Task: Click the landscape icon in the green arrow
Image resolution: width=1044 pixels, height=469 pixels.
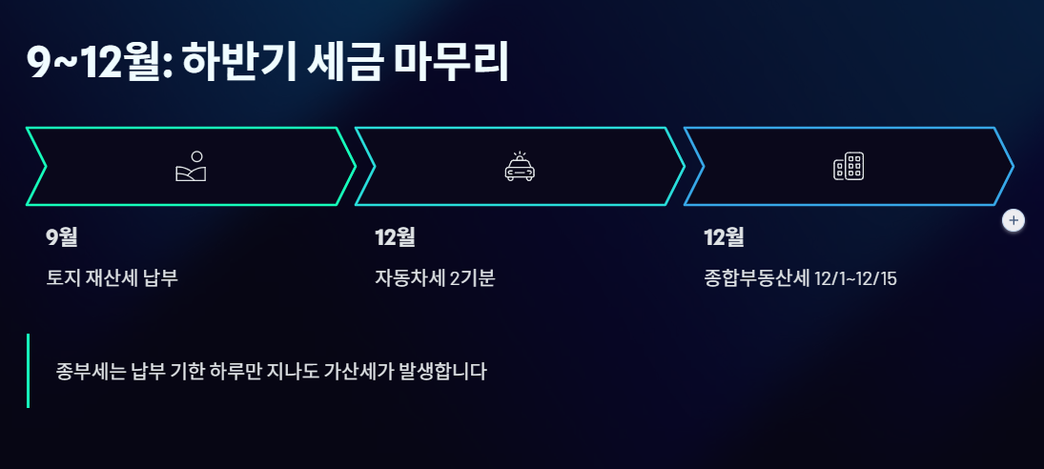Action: click(191, 167)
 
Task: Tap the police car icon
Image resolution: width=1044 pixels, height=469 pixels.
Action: click(520, 167)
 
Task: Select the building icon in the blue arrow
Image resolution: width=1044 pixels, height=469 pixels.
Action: click(849, 167)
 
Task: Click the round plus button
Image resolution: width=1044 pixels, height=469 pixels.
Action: click(1013, 220)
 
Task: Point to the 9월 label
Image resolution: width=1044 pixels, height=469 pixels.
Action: click(62, 237)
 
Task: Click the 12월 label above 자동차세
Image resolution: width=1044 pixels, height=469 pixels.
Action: click(395, 237)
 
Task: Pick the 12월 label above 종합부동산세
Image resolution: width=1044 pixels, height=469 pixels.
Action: click(724, 237)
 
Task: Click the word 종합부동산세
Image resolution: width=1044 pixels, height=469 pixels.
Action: click(756, 279)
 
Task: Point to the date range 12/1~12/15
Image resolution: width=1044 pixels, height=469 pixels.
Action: click(856, 280)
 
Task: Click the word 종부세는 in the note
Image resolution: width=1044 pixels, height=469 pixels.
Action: click(84, 371)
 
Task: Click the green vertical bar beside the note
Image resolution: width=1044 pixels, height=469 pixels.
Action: click(29, 371)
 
